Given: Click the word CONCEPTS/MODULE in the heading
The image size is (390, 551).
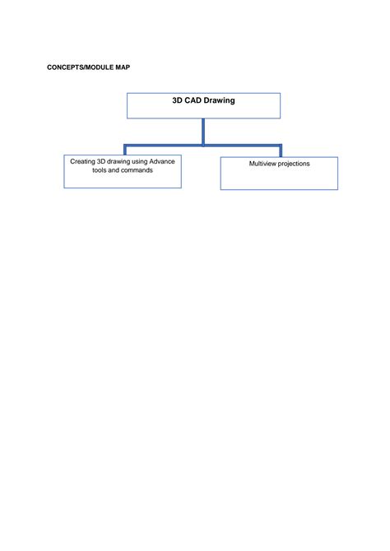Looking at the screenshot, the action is pos(80,67).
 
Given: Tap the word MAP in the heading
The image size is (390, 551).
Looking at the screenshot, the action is pos(123,67).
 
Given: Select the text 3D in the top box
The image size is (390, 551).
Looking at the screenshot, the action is pos(177,100).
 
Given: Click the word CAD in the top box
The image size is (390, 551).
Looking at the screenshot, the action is pos(193,100).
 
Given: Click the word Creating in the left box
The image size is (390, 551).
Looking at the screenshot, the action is pos(82,162).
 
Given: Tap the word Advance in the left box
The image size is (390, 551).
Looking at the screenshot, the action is pos(162,161).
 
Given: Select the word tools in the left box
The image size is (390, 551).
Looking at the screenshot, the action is pos(100,170).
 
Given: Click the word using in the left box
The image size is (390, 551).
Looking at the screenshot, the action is pos(139,162).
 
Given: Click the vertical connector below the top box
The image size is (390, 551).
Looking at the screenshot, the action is pos(203,132).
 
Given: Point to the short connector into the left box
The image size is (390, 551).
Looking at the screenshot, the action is pos(125,150).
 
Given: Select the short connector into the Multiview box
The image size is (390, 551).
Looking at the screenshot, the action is pos(281,150).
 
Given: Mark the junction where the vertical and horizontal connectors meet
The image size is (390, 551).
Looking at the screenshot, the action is pos(203,145).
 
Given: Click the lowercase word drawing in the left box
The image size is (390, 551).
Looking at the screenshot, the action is pos(118,162).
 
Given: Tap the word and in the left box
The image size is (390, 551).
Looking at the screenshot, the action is pos(114,170).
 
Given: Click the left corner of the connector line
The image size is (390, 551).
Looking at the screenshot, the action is pos(125,145).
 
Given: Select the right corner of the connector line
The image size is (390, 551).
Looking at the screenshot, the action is pos(281,145).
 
